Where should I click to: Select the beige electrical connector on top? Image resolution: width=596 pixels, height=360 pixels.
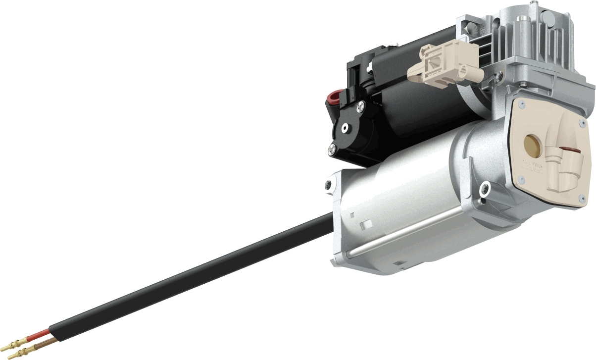[441, 64]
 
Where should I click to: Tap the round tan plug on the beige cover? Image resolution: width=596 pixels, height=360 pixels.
[532, 143]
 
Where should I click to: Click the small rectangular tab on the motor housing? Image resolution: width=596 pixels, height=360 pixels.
[367, 224]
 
